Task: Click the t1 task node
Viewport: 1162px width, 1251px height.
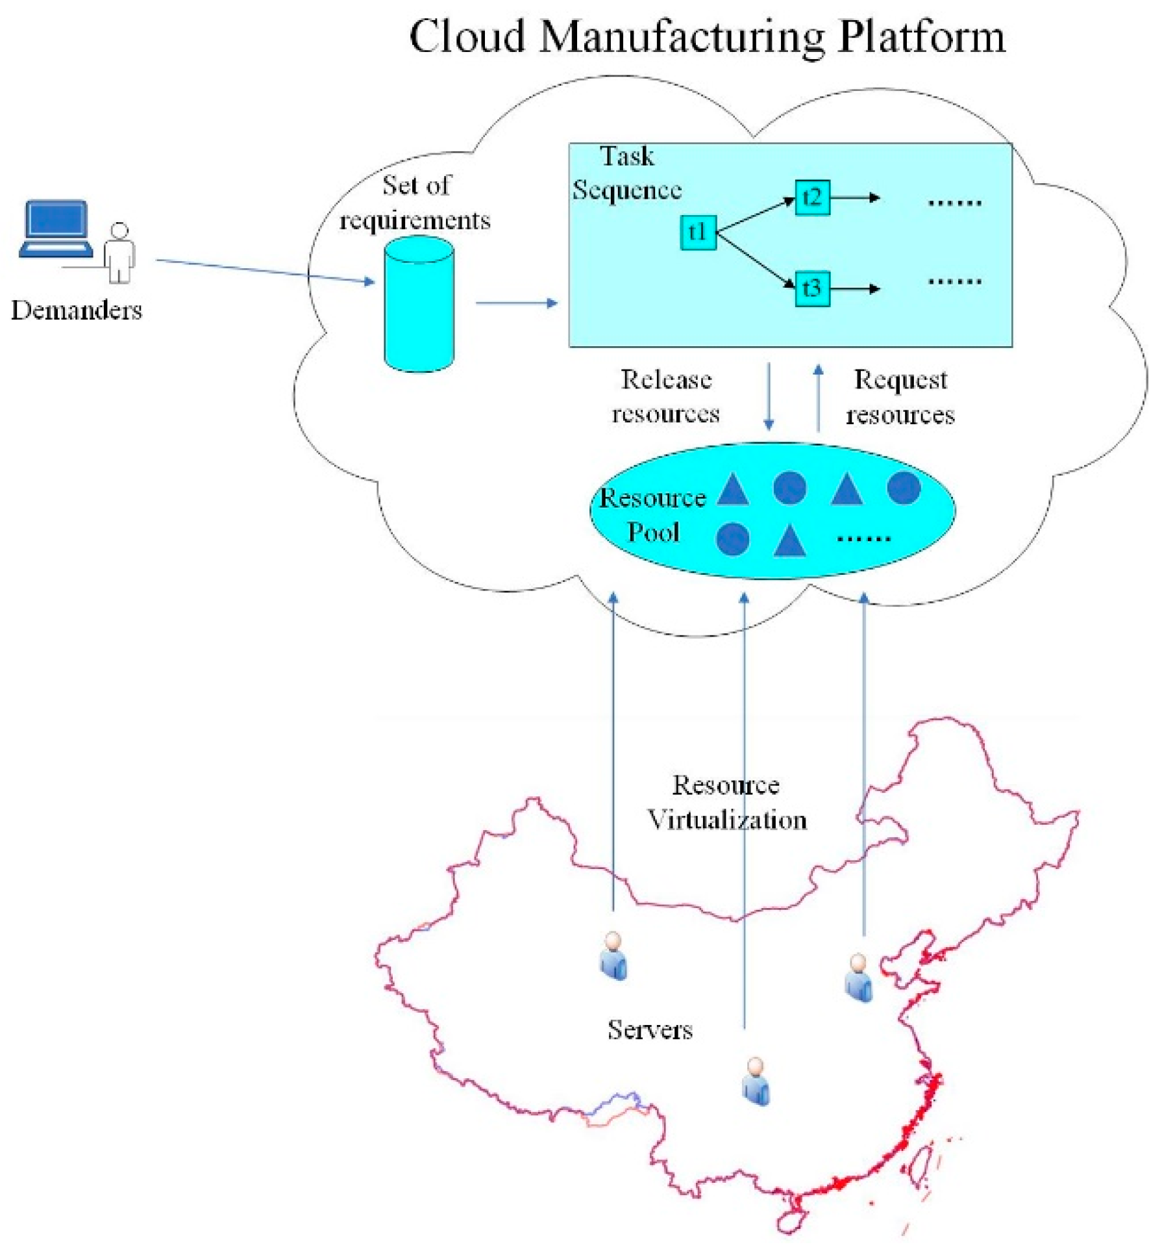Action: click(698, 233)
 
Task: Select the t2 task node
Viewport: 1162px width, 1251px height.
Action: click(812, 197)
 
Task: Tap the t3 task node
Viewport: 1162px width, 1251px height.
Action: click(812, 288)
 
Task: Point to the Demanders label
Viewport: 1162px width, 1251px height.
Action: click(77, 310)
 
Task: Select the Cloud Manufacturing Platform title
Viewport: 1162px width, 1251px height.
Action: click(707, 37)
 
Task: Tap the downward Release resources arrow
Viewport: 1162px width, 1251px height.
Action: click(769, 396)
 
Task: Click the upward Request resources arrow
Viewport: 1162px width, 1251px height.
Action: click(819, 398)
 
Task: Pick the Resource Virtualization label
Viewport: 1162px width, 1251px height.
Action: click(727, 803)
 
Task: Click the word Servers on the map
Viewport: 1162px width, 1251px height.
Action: click(650, 1030)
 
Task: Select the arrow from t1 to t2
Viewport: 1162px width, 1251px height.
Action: click(756, 214)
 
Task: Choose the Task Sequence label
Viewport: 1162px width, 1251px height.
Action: click(627, 173)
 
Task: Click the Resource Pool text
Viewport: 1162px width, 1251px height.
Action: click(652, 515)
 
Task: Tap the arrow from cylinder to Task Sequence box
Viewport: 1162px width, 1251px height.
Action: click(516, 303)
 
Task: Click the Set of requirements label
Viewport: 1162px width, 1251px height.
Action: click(415, 203)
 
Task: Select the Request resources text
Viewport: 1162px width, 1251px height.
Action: click(900, 398)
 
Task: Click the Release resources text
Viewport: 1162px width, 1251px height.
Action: click(666, 396)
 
